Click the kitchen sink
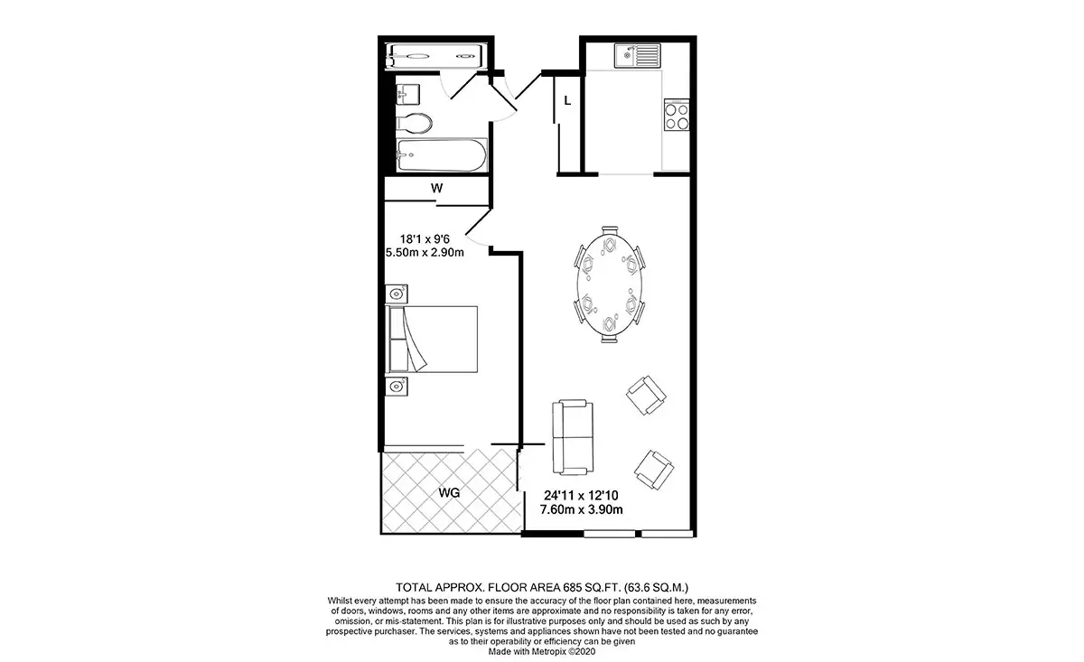(638, 56)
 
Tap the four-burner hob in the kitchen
(677, 115)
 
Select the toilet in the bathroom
(414, 124)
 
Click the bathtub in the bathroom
(442, 154)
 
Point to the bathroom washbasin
(407, 94)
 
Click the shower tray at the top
(435, 57)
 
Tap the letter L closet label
(567, 101)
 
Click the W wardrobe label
(436, 188)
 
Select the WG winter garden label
(449, 493)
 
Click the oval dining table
(609, 284)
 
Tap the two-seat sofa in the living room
(573, 437)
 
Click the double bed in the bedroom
(431, 340)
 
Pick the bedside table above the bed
(397, 294)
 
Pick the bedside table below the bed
(397, 387)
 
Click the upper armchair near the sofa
(646, 396)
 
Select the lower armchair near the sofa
(654, 470)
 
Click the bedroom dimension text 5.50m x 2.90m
(425, 253)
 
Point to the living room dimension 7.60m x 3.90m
(581, 509)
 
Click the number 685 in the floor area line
(572, 587)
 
